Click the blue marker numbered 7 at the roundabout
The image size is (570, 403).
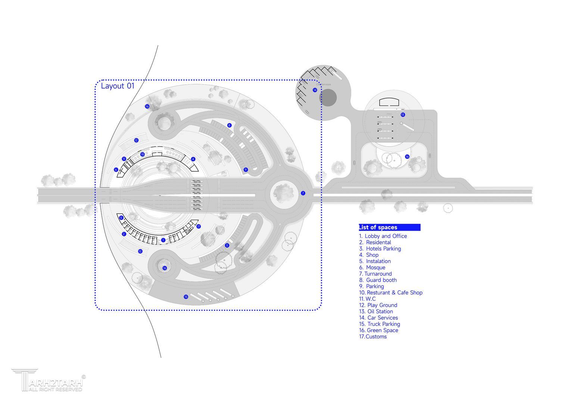(x=303, y=193)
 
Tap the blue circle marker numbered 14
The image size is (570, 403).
(x=315, y=90)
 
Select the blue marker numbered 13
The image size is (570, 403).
(x=403, y=115)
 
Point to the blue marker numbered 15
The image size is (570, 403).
(x=186, y=297)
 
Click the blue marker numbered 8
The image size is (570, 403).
(x=229, y=125)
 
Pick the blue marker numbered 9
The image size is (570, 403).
(x=246, y=170)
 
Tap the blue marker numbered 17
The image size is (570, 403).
(x=199, y=227)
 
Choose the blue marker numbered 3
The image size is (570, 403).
(x=227, y=246)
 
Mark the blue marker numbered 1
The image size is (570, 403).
(x=163, y=240)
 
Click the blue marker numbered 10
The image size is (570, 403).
(x=142, y=154)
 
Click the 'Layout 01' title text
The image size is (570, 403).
(x=118, y=86)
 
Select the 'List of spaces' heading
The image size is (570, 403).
(x=378, y=227)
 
